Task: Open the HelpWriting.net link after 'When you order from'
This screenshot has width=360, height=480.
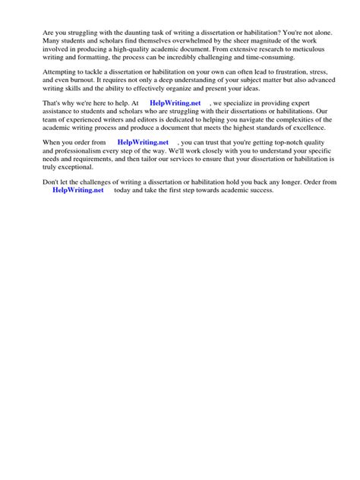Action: (x=144, y=143)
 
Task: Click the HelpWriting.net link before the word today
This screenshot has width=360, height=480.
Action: (x=78, y=191)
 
